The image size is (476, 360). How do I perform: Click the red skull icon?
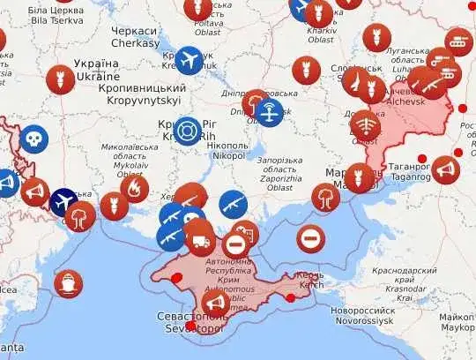(34, 139)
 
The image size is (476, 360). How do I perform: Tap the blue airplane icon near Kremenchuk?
(190, 60)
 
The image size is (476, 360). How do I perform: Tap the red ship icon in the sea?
(67, 284)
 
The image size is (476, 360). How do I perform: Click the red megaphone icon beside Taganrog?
(445, 169)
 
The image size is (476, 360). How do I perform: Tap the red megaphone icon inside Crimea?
(215, 304)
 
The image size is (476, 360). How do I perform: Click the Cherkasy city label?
(135, 37)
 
